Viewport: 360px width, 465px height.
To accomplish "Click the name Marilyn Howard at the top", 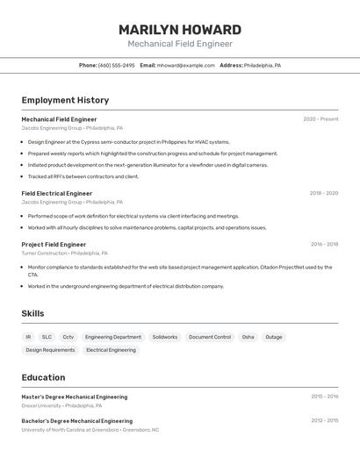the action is click(x=180, y=30).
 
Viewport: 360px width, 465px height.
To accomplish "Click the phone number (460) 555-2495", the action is click(x=116, y=66).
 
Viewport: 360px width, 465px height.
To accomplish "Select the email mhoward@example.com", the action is click(x=185, y=66).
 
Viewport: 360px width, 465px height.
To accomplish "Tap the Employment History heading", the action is click(x=65, y=101).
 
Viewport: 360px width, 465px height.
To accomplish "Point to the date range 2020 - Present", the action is click(x=320, y=119).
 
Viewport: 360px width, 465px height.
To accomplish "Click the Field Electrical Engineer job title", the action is click(x=56, y=193).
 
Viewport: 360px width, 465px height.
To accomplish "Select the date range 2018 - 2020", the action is click(x=323, y=193).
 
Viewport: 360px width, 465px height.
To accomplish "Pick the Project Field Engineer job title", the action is click(x=54, y=245).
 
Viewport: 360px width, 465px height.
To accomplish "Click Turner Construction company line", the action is click(x=64, y=254).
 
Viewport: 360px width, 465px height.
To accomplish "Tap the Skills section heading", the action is click(x=32, y=313).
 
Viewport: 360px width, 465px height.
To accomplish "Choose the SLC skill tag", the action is click(x=47, y=337).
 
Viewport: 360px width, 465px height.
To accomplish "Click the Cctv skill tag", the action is click(x=68, y=337).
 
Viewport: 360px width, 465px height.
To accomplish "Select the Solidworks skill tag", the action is click(x=164, y=337).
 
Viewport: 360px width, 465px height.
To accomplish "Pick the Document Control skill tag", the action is click(x=210, y=337).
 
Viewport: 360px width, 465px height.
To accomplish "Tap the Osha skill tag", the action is click(x=248, y=337).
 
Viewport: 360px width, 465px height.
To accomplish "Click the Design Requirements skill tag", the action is click(x=50, y=350).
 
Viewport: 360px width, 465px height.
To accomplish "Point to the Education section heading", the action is click(x=43, y=378).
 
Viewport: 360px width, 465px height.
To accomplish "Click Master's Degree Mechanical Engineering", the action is click(x=74, y=397).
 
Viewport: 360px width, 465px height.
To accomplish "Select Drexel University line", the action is click(x=61, y=406).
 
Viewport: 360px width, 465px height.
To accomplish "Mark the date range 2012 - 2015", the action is click(x=324, y=421).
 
